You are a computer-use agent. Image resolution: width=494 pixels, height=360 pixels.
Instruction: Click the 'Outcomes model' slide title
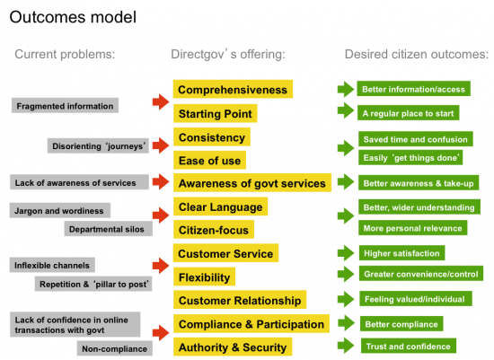tap(73, 17)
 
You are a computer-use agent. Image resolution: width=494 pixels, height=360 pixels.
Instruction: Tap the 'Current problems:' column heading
tap(65, 54)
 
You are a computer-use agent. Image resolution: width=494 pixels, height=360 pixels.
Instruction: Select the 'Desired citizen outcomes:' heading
tap(417, 54)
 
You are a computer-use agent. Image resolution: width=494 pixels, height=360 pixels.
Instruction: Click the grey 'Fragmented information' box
tap(65, 106)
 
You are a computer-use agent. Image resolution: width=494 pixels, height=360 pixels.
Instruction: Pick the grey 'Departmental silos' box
tap(109, 229)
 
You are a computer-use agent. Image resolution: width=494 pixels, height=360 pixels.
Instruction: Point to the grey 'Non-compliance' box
tap(115, 348)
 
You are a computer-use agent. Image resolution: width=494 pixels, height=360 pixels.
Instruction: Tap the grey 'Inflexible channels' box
tap(52, 265)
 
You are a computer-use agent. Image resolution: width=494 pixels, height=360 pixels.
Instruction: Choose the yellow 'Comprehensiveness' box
tap(233, 89)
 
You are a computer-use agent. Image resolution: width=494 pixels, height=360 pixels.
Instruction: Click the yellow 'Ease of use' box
tap(209, 161)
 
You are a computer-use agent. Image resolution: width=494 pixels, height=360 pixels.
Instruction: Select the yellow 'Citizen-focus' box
tap(214, 230)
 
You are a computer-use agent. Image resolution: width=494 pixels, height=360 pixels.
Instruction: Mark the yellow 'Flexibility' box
tap(204, 277)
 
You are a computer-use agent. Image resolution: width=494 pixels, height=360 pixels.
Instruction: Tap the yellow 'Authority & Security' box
tap(233, 347)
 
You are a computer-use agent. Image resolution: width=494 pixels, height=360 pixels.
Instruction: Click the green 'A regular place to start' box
tap(409, 113)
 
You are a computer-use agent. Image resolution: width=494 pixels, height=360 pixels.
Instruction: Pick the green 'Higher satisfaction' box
tap(401, 253)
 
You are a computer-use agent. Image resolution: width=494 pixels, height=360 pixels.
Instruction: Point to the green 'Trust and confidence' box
tap(409, 346)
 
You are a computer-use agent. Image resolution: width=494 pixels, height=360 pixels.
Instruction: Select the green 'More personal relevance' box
tap(413, 228)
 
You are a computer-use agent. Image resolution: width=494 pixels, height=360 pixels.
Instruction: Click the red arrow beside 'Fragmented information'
tap(161, 101)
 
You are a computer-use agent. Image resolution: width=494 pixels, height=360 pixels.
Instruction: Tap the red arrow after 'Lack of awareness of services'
tap(161, 181)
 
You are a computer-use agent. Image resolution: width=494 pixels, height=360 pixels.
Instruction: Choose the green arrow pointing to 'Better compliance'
tap(346, 323)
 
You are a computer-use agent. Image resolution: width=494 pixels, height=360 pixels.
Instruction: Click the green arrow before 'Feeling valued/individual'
tap(346, 299)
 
